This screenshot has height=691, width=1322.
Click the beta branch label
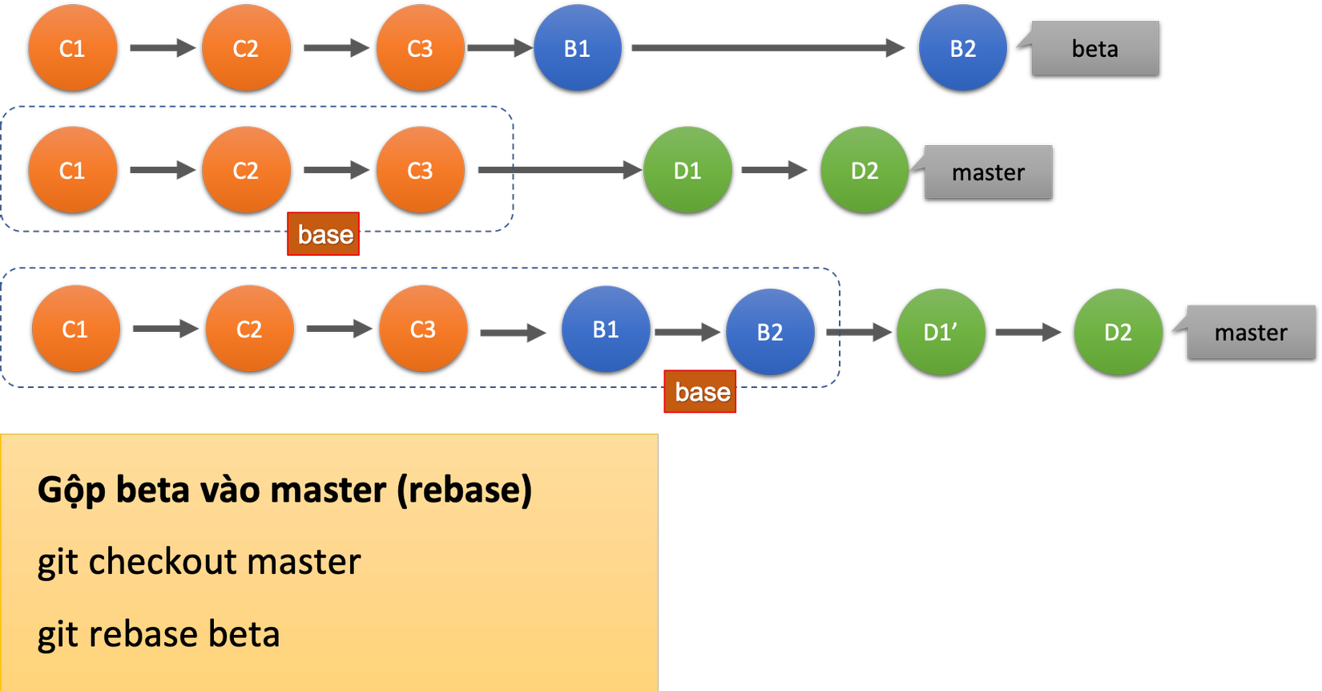1094,48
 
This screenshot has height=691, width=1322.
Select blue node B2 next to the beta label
962,48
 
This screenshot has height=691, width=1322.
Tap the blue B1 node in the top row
577,48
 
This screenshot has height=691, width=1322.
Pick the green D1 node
687,170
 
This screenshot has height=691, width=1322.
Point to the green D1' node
941,332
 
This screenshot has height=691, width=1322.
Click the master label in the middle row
988,172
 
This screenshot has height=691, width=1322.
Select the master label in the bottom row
1251,332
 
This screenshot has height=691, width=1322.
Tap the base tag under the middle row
324,234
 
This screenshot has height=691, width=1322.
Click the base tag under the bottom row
700,392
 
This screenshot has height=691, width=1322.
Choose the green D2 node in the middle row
865,170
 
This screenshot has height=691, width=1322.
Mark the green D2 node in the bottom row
1118,332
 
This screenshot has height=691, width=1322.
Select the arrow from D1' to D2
1029,332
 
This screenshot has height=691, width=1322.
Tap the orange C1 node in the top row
72,48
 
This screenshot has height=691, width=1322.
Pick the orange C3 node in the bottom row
422,329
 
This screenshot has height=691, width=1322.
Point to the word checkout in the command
224,562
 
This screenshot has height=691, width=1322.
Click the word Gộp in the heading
71,490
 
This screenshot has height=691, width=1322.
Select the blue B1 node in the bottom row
605,329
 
